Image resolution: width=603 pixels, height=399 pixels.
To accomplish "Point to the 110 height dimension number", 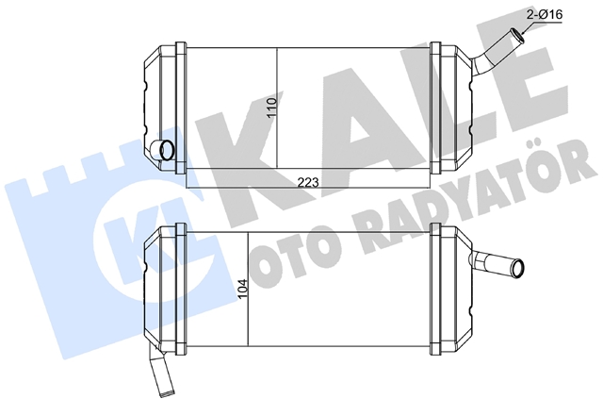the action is coord(272,108).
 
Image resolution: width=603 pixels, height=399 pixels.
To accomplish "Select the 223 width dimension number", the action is coord(308,182).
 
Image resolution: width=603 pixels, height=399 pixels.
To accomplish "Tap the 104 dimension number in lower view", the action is coord(243,289).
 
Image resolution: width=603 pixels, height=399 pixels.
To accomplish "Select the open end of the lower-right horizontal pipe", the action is coord(517,267).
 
